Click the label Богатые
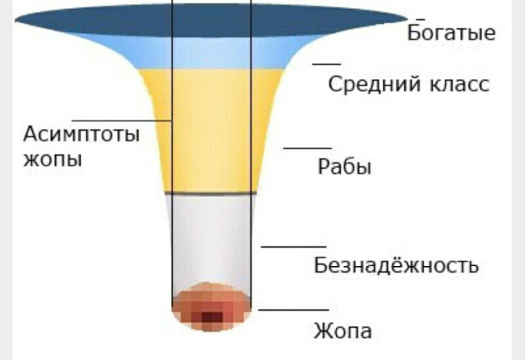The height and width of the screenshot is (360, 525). point(451,33)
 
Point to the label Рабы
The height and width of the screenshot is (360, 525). point(344,167)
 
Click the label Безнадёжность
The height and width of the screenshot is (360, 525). point(396,266)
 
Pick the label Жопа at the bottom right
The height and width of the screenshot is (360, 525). point(342,330)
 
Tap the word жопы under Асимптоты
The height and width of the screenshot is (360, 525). point(53,159)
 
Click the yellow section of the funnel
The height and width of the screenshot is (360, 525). point(210,131)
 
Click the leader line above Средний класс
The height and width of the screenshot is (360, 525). point(327,64)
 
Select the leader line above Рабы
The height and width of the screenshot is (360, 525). point(308,148)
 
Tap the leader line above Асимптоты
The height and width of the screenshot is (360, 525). point(122,121)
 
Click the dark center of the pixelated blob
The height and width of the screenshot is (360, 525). point(211,317)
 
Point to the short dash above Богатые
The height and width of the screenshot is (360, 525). point(420,20)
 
